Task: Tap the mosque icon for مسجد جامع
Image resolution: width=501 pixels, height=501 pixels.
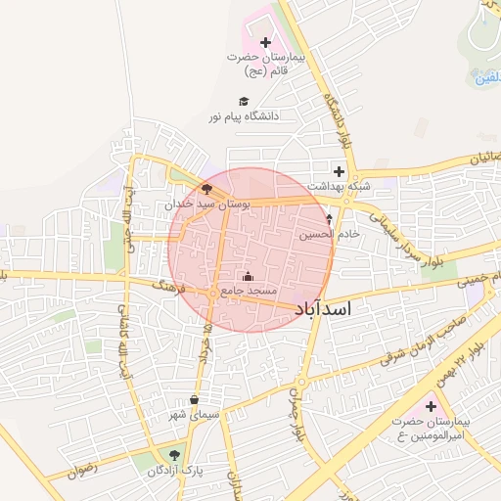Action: (x=247, y=276)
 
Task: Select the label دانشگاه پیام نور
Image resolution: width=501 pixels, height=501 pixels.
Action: (x=243, y=115)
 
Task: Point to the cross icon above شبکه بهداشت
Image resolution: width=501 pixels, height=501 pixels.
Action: (x=339, y=171)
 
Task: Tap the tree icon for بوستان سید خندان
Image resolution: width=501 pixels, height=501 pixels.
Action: (x=206, y=189)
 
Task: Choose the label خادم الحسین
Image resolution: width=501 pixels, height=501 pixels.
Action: (x=336, y=234)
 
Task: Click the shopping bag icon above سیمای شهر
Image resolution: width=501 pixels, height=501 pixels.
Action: (x=195, y=399)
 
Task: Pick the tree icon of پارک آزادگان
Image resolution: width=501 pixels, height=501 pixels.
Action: (x=174, y=455)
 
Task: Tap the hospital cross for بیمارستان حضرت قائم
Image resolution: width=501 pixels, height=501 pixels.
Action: (x=266, y=42)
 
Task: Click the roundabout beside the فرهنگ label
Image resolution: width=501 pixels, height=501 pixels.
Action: (x=211, y=293)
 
